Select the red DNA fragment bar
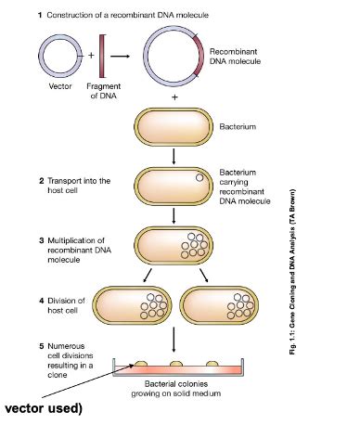click(x=102, y=58)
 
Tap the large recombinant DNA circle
click(x=173, y=58)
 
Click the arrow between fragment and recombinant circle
click(x=122, y=58)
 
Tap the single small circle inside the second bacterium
click(x=199, y=177)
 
